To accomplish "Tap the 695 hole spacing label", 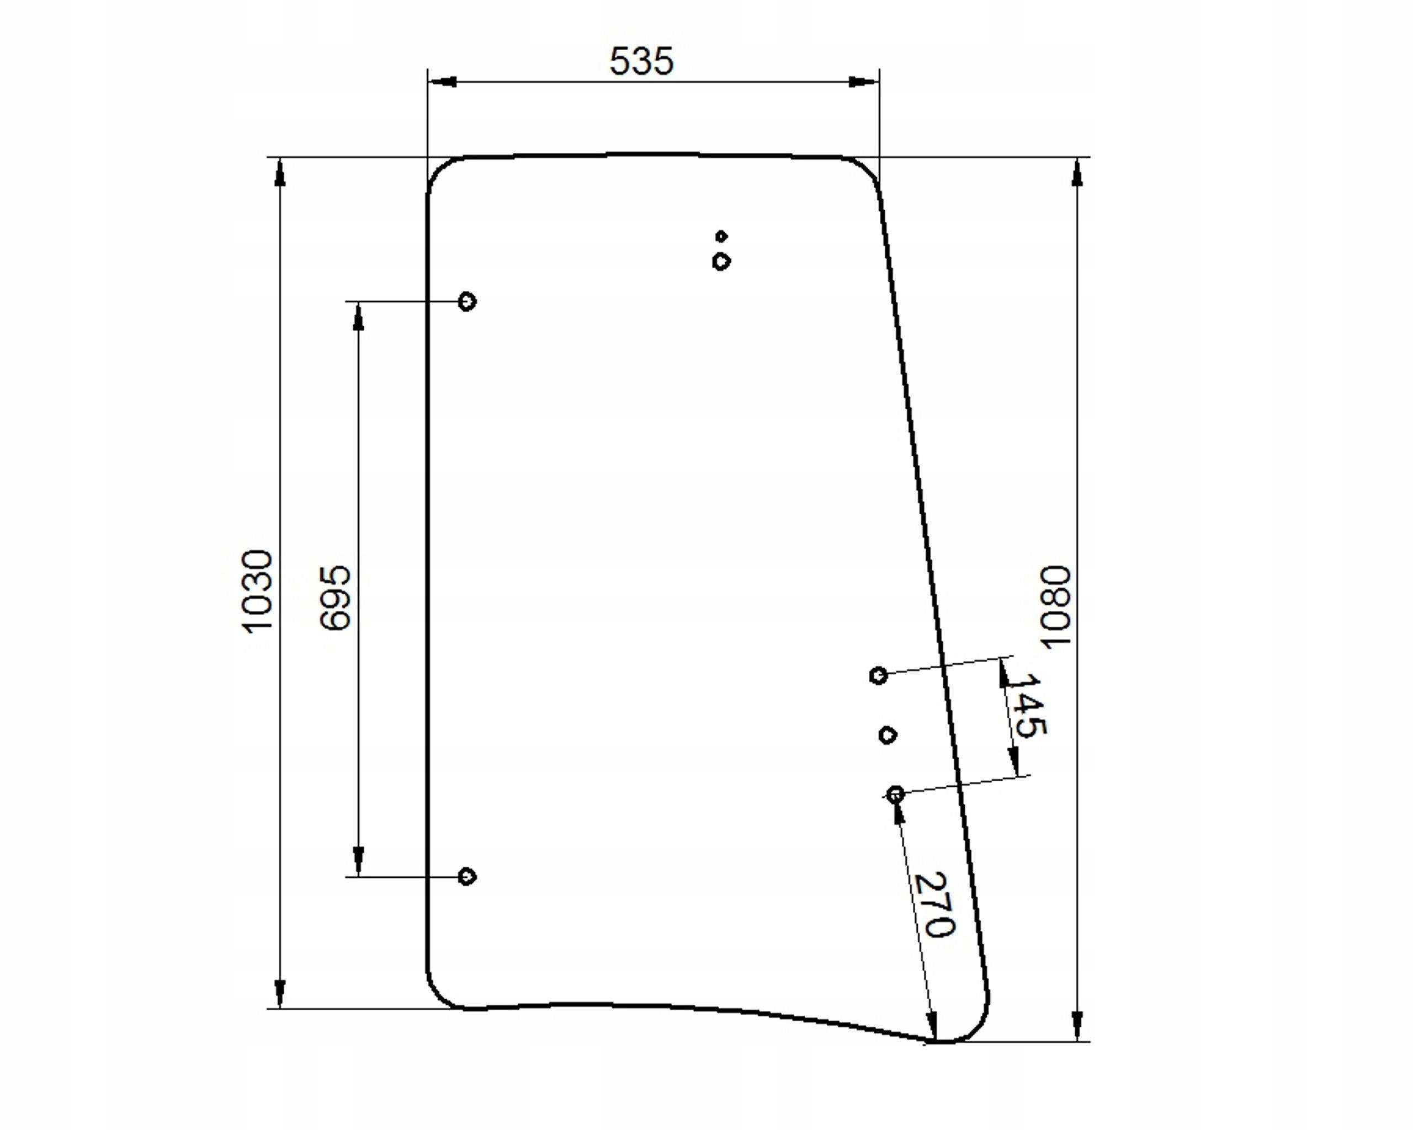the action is pos(336,598).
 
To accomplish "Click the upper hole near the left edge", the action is pos(466,301).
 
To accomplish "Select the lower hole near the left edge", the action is pos(466,877).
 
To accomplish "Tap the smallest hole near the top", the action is pos(721,236).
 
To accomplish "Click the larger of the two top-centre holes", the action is pos(721,262).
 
